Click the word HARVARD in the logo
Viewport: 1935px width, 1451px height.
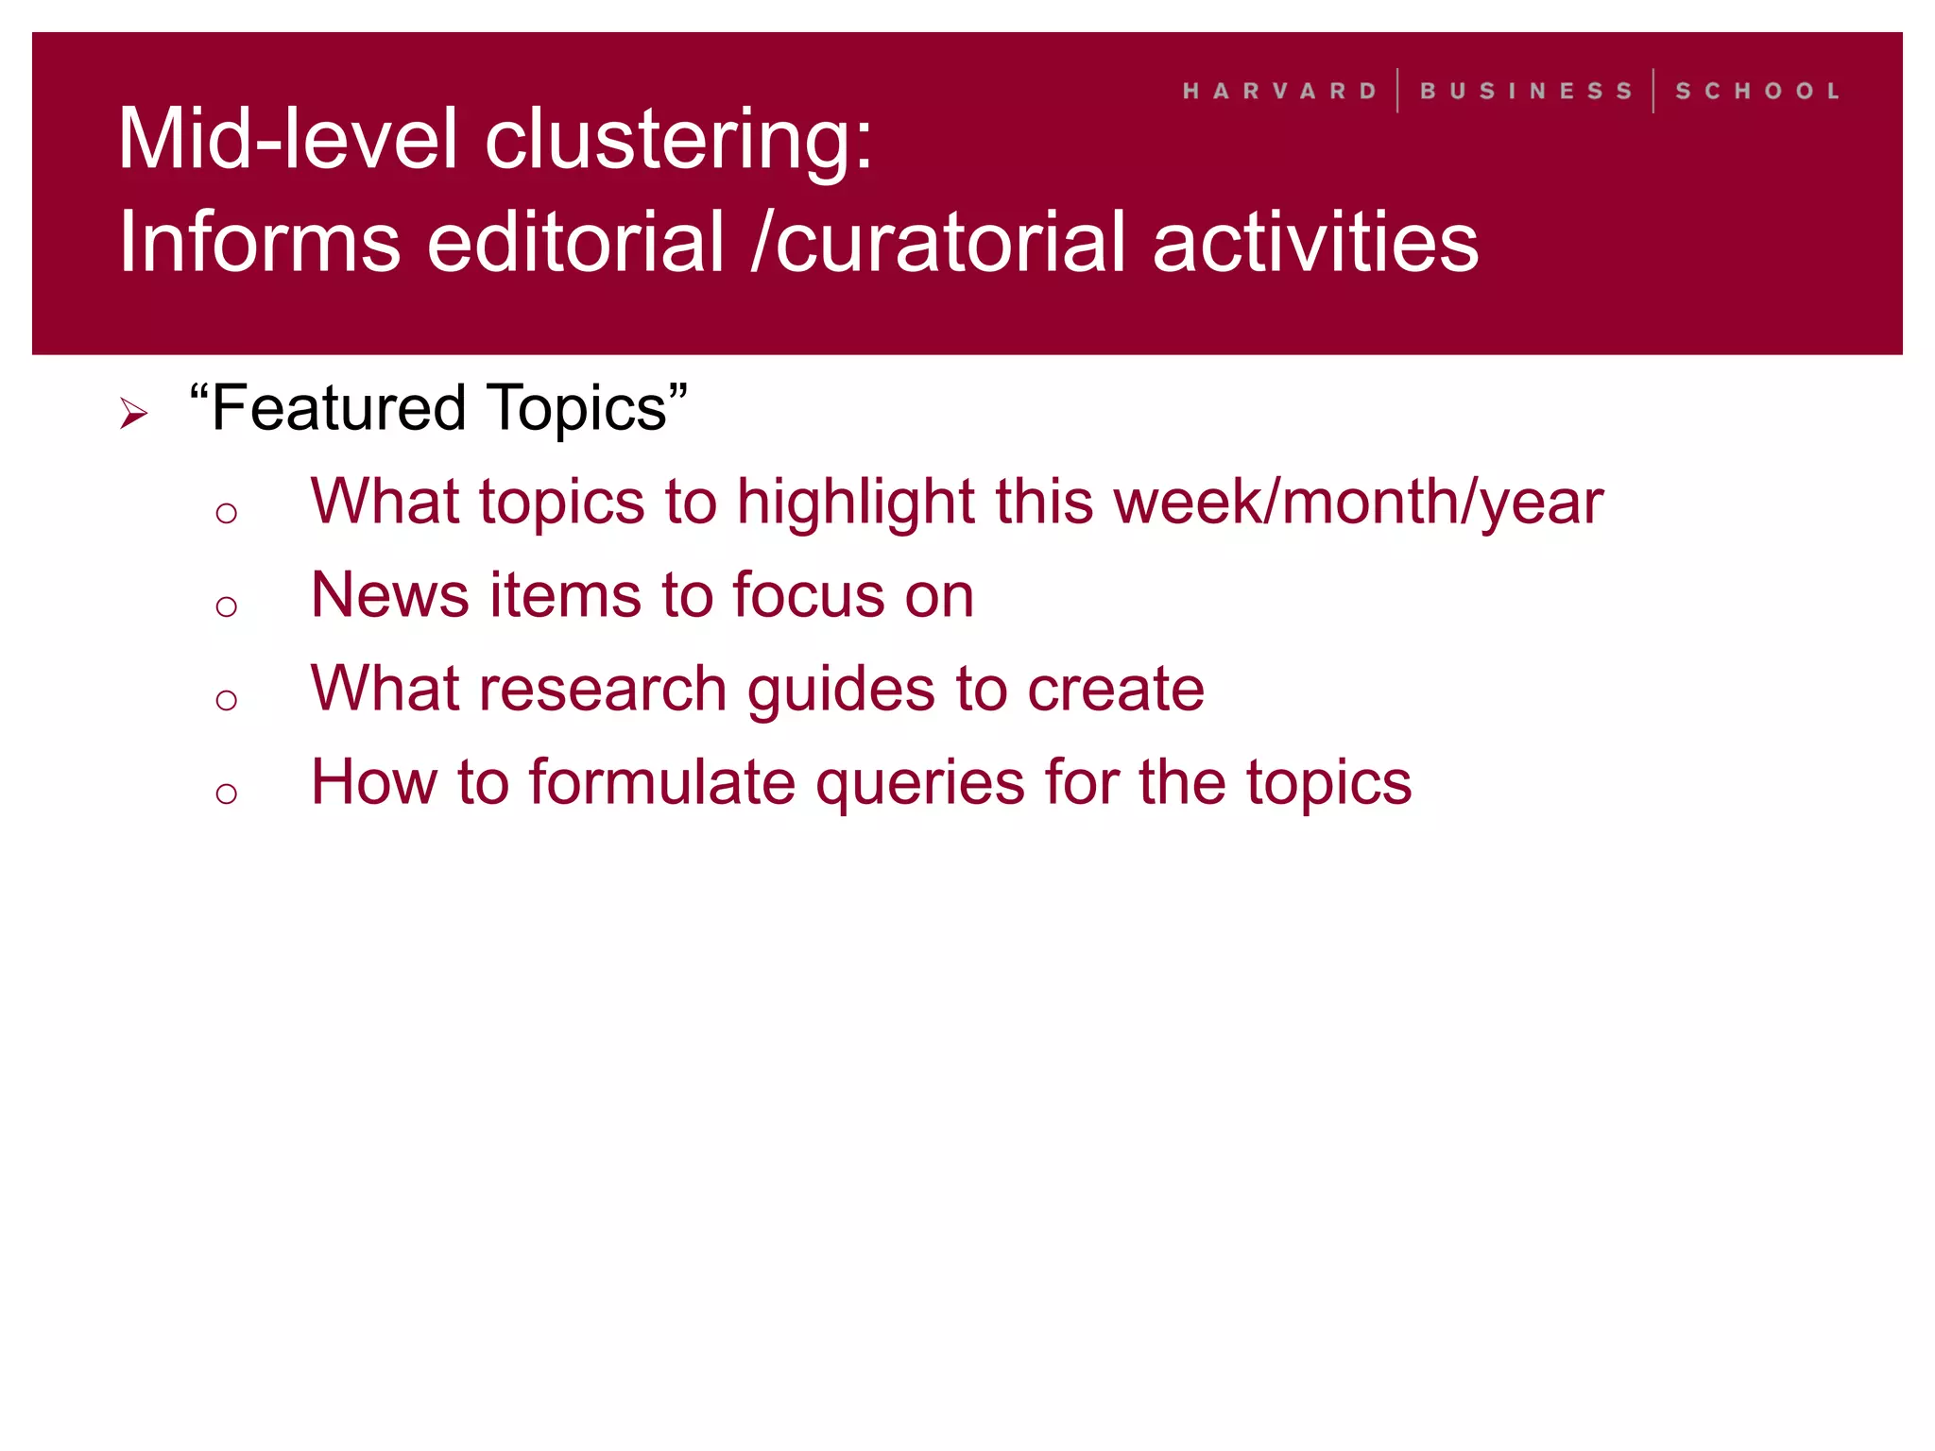tap(1279, 92)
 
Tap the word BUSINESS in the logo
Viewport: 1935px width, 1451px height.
tap(1526, 92)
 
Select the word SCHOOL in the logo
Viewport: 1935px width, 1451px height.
tap(1757, 92)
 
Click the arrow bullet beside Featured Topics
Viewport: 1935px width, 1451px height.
tap(134, 413)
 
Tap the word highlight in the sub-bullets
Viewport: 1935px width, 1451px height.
tap(855, 503)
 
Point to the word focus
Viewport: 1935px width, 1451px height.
tap(808, 595)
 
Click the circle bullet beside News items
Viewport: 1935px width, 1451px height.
tap(226, 606)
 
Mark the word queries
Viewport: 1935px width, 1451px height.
tap(919, 784)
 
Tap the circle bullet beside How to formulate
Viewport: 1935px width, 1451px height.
tap(226, 793)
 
